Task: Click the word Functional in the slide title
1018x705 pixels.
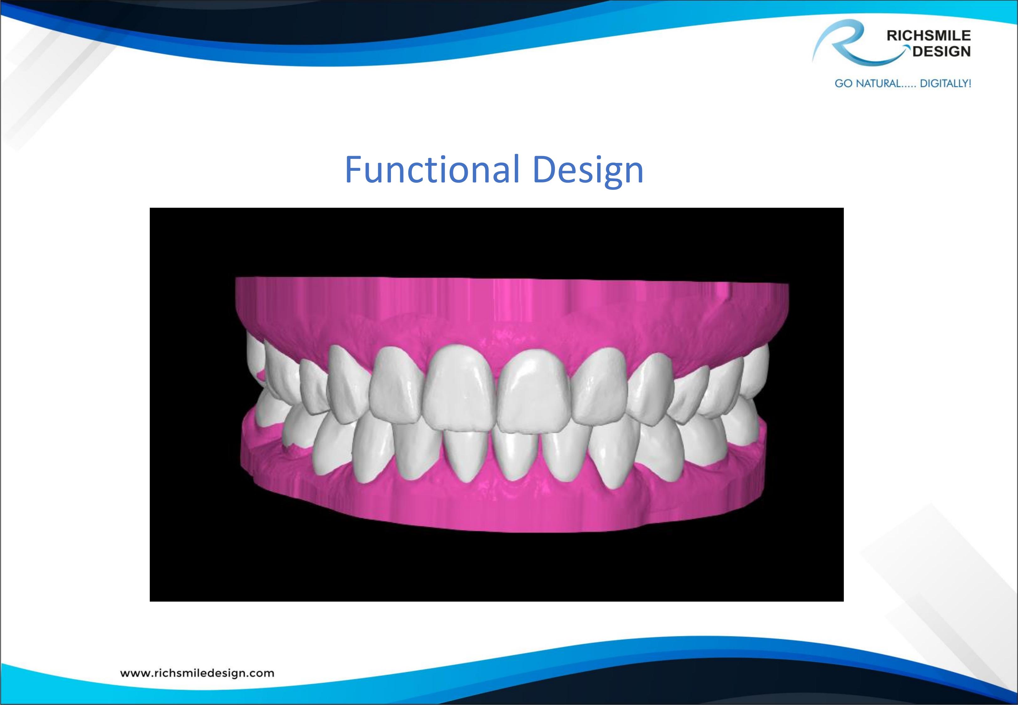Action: (431, 169)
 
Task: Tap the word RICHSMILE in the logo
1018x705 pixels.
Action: (929, 36)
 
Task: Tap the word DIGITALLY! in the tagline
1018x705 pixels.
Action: (945, 83)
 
